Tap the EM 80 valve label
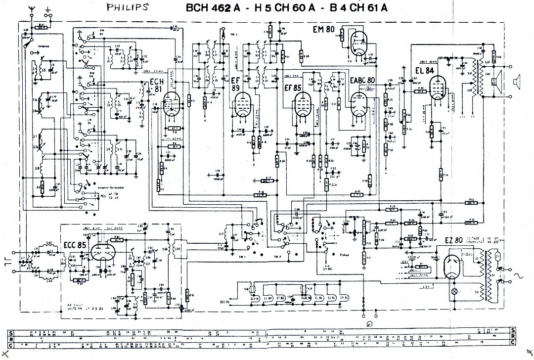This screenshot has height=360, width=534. point(324,29)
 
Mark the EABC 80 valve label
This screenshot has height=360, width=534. point(362,80)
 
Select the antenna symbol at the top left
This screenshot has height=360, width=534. point(32,10)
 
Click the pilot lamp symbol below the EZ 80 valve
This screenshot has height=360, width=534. point(456,292)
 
